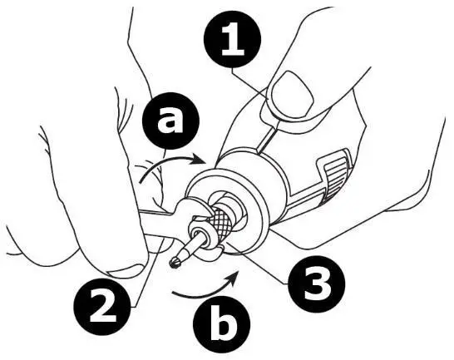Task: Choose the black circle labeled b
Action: click(220, 327)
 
